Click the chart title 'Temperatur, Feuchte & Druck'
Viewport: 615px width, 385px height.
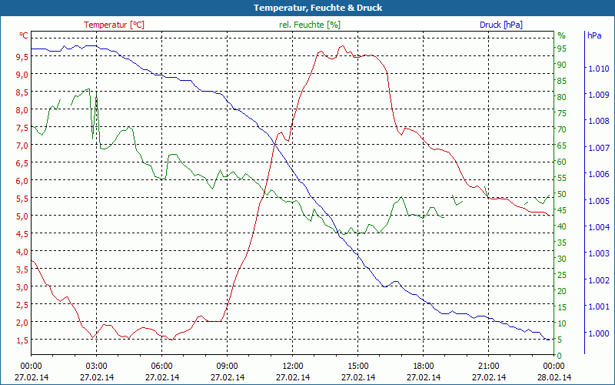pos(307,8)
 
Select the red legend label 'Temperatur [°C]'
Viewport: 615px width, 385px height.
pos(114,25)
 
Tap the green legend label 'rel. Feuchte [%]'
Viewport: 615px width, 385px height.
pos(309,25)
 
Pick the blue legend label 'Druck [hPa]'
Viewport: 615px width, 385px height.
pos(501,25)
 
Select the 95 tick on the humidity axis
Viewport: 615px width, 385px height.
pos(562,48)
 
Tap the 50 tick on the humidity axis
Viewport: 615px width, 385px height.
pos(562,194)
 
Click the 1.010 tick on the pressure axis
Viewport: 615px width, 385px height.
pos(597,69)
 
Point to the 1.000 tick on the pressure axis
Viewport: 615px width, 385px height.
pos(597,333)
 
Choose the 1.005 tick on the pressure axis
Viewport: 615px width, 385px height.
pos(597,201)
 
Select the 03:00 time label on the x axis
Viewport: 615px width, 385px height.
pos(96,366)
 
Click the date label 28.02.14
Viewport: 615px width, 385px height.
pos(553,377)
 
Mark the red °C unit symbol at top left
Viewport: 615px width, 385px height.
pos(24,35)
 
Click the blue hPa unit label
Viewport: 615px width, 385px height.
pos(593,35)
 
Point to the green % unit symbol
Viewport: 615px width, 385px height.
pos(561,35)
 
